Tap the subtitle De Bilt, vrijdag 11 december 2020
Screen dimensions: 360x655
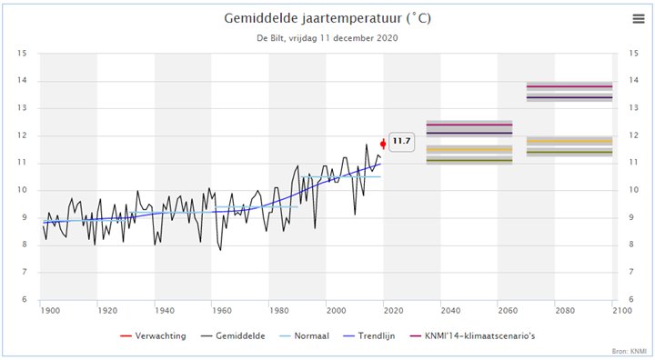327,38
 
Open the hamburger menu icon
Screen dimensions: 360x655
638,19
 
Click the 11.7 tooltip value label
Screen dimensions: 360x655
401,142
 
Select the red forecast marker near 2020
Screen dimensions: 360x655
383,143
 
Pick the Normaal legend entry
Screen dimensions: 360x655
309,335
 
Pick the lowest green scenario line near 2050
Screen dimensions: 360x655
469,161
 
